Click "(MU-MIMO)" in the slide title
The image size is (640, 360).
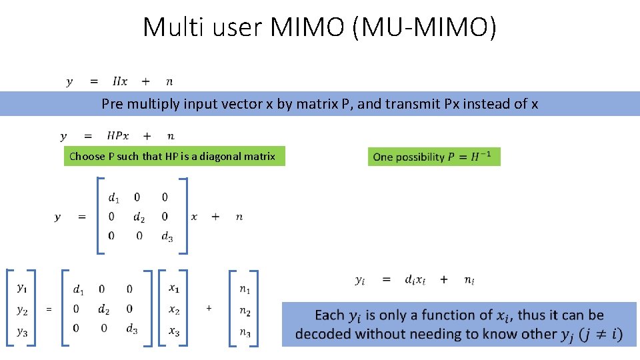pos(427,27)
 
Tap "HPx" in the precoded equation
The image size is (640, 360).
pos(118,136)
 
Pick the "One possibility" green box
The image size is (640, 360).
pos(433,157)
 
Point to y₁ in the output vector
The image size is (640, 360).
pos(22,288)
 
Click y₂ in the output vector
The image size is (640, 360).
pos(22,309)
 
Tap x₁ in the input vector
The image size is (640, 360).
pos(174,288)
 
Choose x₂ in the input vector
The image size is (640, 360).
pos(174,309)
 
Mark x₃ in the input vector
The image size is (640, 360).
pos(174,331)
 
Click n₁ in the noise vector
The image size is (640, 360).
pos(245,289)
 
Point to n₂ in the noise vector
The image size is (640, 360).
pos(245,311)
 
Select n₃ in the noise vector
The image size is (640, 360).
pos(245,332)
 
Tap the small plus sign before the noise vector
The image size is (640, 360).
pos(209,308)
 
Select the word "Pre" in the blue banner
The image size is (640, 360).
pos(111,104)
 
